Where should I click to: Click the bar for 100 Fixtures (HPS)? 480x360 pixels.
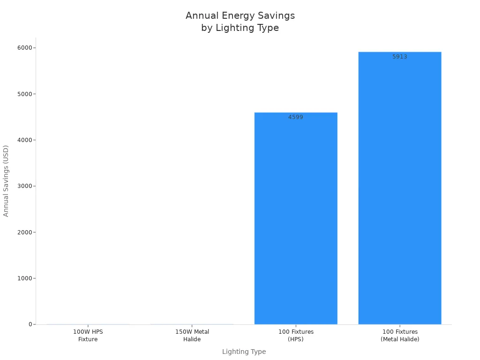(296, 218)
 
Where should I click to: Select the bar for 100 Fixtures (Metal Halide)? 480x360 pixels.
(400, 187)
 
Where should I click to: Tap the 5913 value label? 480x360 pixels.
(400, 57)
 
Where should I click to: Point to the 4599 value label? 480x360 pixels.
(296, 117)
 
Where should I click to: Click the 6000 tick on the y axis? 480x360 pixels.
(25, 48)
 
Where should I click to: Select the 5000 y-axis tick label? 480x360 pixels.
(25, 94)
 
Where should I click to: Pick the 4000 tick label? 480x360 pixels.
(25, 140)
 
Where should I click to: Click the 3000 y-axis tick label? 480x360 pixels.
(25, 186)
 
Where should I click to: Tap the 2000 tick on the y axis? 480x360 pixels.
(25, 232)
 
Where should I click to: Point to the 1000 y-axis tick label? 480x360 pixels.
(25, 278)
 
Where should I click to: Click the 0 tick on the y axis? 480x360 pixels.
(30, 324)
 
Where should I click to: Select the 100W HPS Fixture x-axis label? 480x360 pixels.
(88, 336)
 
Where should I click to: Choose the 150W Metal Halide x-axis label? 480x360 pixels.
(192, 336)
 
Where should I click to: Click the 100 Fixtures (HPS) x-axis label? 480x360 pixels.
(296, 336)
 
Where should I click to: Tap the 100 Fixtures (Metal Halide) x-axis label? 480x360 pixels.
(400, 336)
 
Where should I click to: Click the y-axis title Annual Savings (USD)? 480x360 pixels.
(6, 181)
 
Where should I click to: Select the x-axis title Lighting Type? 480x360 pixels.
(244, 352)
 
